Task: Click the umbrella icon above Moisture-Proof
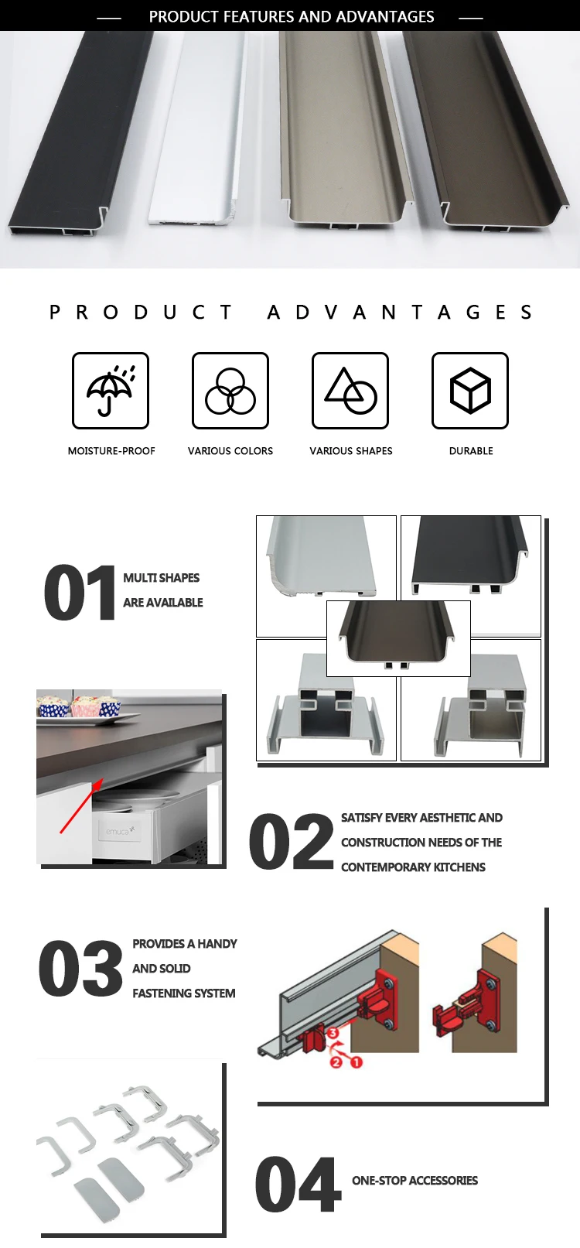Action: [111, 391]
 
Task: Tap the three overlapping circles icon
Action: [230, 391]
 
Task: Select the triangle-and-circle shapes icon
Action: [350, 391]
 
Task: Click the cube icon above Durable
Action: [470, 391]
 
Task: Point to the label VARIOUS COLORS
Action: [230, 451]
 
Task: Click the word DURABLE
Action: [471, 451]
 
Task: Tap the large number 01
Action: [80, 593]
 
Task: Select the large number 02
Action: [292, 842]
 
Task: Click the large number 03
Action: [80, 968]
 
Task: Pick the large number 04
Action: [299, 1185]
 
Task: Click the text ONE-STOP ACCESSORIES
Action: [415, 1181]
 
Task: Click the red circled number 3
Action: [333, 1033]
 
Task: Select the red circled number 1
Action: [357, 1062]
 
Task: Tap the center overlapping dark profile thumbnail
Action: [398, 638]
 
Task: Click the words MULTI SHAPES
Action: [161, 578]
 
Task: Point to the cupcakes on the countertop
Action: [81, 706]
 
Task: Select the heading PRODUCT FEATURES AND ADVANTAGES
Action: [292, 16]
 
